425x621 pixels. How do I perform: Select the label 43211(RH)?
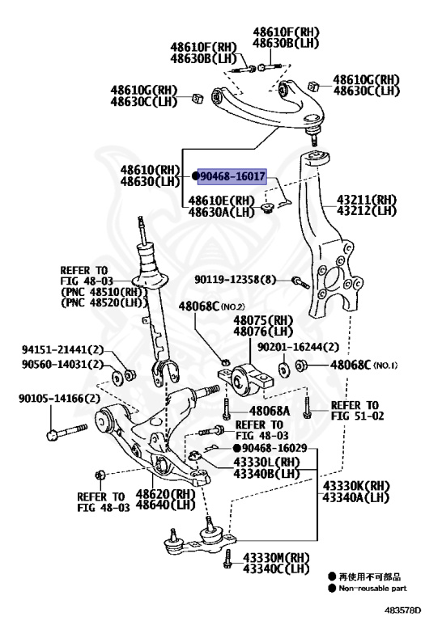coord(368,198)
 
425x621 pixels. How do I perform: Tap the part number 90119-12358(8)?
coord(235,280)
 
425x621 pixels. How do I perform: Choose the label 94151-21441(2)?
coord(62,349)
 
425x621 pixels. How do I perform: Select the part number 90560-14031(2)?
coord(62,364)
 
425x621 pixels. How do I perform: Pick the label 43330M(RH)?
coord(276,557)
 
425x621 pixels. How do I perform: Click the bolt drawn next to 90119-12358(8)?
coord(299,282)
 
